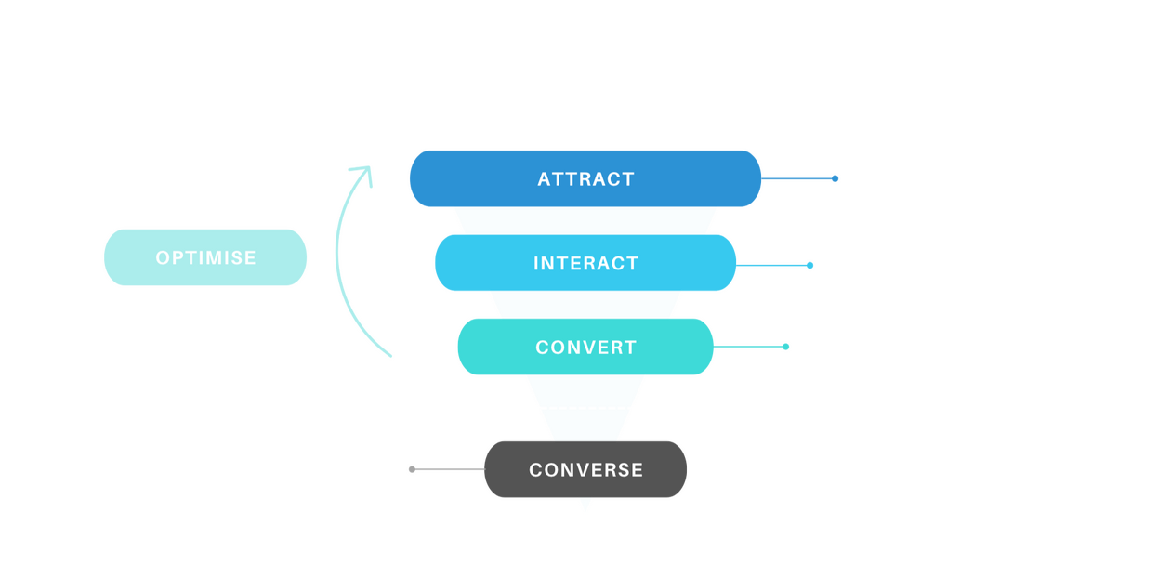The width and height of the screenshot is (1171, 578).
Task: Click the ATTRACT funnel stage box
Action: point(585,178)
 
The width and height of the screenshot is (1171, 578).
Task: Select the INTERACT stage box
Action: point(585,263)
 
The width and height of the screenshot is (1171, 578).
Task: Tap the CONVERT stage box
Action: point(585,347)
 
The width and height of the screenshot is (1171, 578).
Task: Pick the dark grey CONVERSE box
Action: point(585,469)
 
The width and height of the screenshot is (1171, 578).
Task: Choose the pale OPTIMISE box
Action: point(205,256)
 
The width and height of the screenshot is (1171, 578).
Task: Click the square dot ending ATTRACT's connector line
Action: point(835,178)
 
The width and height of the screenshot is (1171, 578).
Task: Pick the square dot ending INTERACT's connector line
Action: point(809,265)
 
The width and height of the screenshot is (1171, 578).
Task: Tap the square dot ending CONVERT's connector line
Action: point(785,347)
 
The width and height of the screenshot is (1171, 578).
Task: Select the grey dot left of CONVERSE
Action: point(413,469)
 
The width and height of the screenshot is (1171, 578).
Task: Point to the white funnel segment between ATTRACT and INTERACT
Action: point(585,220)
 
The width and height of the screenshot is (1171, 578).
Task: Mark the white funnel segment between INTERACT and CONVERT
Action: point(585,305)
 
